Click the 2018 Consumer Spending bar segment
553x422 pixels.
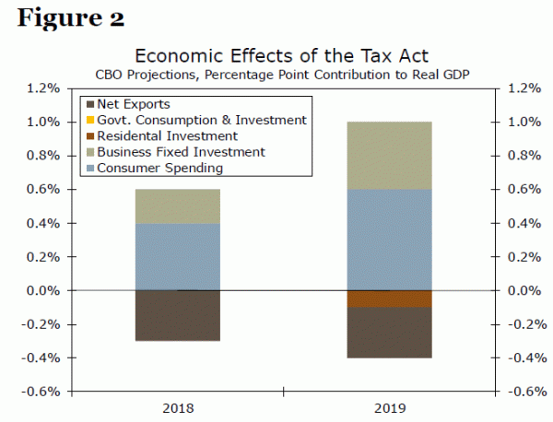(x=177, y=256)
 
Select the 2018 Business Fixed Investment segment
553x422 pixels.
(x=177, y=206)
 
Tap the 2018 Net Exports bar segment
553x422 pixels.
(x=177, y=315)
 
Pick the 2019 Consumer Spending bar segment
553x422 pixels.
(x=388, y=240)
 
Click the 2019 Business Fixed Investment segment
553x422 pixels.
(x=388, y=155)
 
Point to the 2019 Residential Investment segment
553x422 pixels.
(x=388, y=299)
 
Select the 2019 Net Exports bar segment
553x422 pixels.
(x=388, y=332)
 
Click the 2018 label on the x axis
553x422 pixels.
(x=178, y=407)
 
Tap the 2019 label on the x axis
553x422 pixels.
(x=388, y=407)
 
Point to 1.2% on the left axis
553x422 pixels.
(x=44, y=88)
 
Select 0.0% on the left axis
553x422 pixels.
(x=44, y=290)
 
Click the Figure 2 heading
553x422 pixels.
(x=70, y=18)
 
